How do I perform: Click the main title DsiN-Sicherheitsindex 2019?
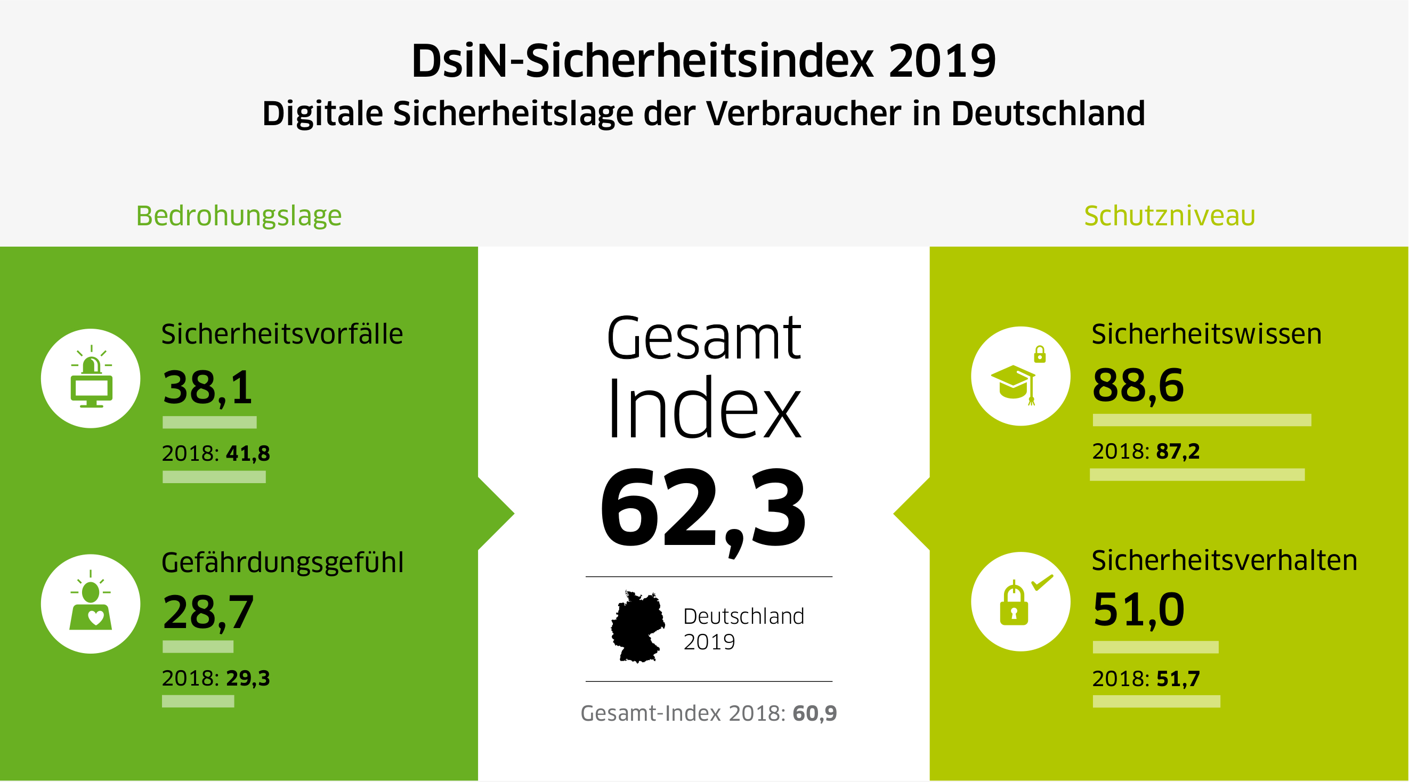[703, 61]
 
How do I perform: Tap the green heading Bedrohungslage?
[239, 215]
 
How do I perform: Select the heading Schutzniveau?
[1169, 215]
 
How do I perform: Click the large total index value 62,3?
[703, 509]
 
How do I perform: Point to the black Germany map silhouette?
[637, 626]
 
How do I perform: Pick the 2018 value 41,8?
[248, 453]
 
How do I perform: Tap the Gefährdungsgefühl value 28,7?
[208, 612]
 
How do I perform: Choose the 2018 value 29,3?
[248, 678]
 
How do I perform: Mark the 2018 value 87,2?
[1178, 452]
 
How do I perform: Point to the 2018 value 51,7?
[1178, 679]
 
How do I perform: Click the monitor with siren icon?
[91, 378]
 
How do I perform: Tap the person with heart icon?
[91, 604]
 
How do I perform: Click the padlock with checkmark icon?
[1020, 601]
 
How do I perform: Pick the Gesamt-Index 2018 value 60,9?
[814, 713]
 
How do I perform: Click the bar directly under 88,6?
[1202, 420]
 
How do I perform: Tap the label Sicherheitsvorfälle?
[282, 334]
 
